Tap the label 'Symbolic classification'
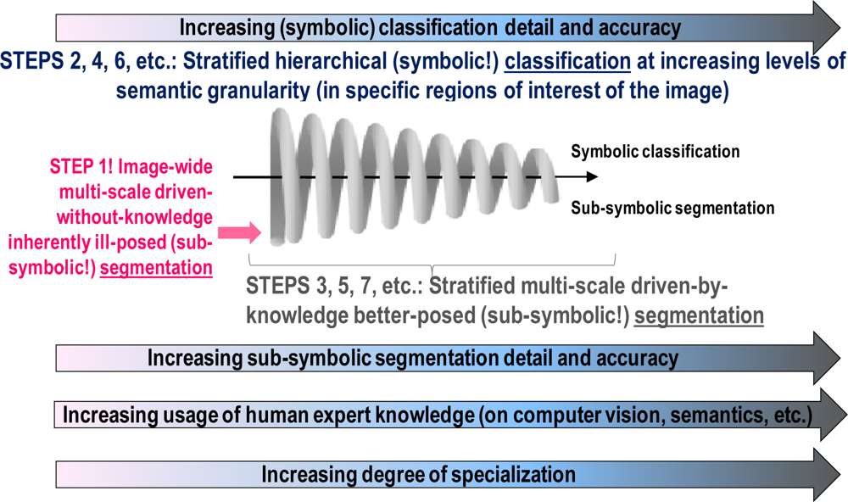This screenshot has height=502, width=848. pyautogui.click(x=656, y=153)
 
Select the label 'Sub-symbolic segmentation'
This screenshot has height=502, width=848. pyautogui.click(x=672, y=209)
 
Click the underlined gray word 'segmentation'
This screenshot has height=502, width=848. pyautogui.click(x=699, y=315)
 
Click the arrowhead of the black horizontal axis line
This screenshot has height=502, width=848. pyautogui.click(x=591, y=177)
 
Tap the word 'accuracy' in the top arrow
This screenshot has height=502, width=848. pyautogui.click(x=643, y=28)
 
